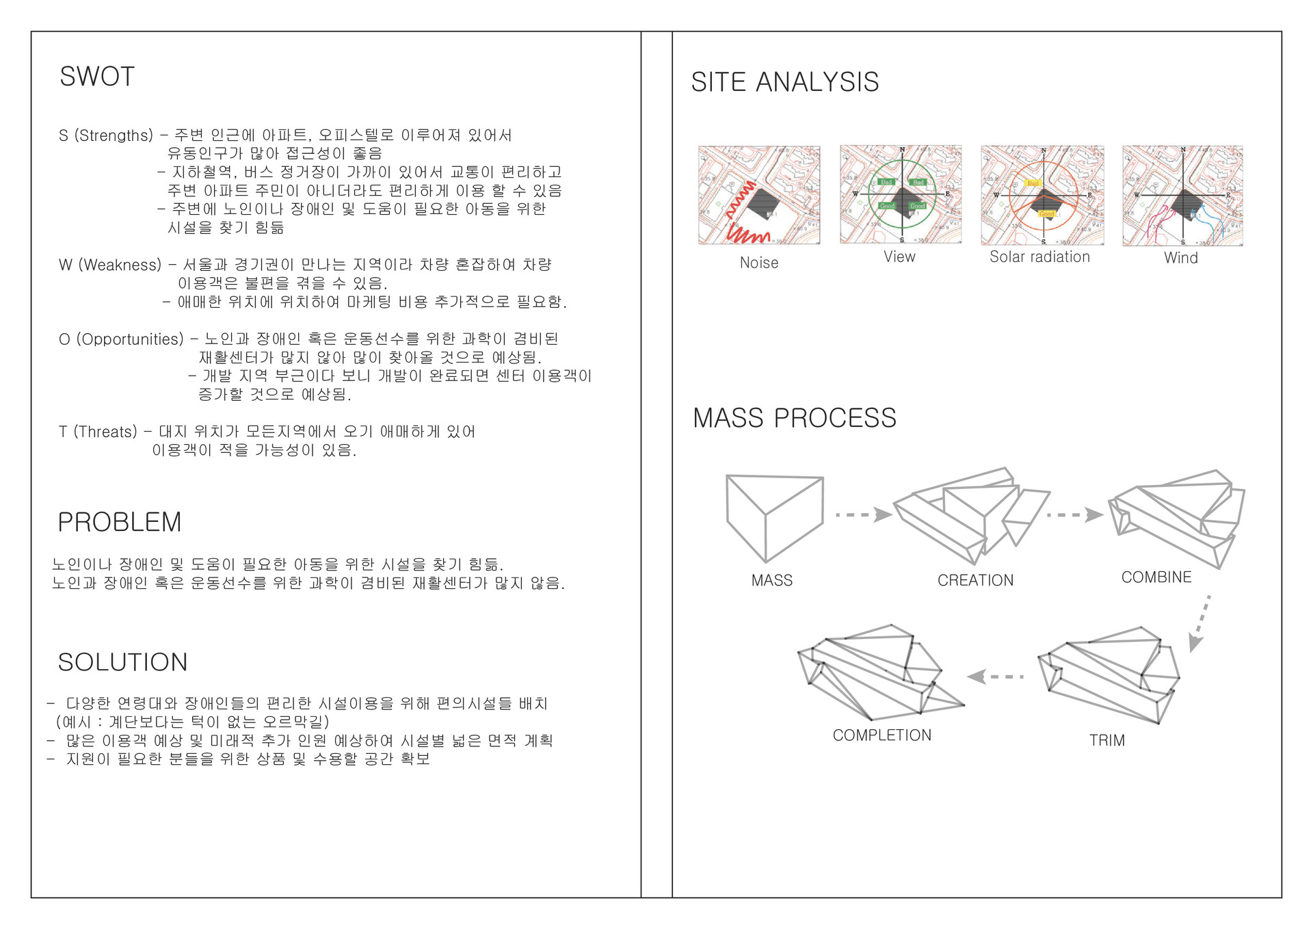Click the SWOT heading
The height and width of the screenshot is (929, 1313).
click(97, 77)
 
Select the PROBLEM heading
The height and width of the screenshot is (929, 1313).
click(120, 522)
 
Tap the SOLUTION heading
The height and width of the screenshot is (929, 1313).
click(122, 662)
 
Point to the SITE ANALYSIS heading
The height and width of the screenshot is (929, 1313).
click(784, 82)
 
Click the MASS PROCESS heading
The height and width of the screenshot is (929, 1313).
click(794, 418)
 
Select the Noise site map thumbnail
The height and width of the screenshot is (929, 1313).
click(759, 195)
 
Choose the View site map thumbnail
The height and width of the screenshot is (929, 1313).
click(901, 194)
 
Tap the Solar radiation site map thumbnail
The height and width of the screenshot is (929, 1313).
click(1042, 195)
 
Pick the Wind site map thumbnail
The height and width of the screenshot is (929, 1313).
click(1182, 196)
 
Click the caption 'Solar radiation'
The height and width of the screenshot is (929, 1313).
click(1039, 257)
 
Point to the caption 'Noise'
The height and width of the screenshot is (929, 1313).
click(759, 263)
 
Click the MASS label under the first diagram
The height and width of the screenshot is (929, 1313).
click(772, 580)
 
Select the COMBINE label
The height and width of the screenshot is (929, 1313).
click(1156, 577)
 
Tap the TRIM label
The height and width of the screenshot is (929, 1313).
click(1106, 740)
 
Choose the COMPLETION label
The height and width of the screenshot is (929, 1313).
click(882, 735)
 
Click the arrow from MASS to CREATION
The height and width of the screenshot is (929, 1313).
click(864, 514)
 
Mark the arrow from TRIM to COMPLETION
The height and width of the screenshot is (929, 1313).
click(995, 677)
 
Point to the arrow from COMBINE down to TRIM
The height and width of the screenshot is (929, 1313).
click(1200, 623)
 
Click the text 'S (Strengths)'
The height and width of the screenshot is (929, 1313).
click(106, 135)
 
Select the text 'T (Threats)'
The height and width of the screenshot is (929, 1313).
click(98, 432)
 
